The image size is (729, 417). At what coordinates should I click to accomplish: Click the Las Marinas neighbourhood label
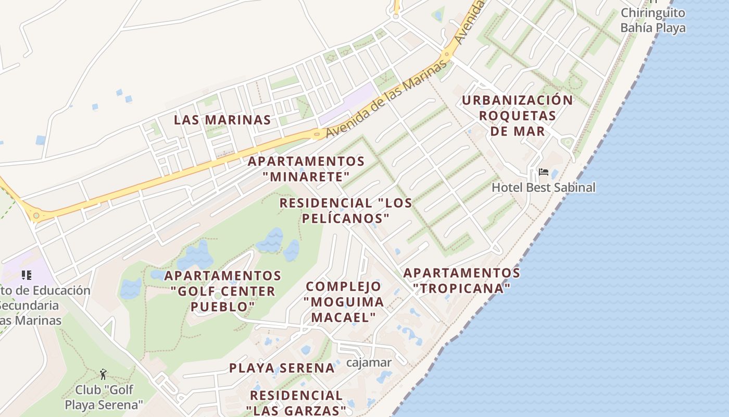click(x=222, y=120)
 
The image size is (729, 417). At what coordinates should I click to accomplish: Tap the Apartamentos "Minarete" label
click(x=306, y=168)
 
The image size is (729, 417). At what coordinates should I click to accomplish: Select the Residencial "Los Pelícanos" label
click(x=345, y=211)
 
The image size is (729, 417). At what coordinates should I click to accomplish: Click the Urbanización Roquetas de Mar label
click(x=517, y=115)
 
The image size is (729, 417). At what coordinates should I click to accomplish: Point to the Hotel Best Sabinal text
click(x=543, y=187)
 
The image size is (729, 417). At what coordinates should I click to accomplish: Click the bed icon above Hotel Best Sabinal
click(x=544, y=171)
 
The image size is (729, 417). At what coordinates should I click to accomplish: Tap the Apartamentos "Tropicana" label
click(x=461, y=280)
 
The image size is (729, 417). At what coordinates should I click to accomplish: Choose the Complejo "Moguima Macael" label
click(x=344, y=301)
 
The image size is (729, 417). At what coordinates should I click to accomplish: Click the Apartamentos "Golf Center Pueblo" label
click(x=223, y=291)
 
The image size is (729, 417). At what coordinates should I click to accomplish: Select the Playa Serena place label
click(x=282, y=368)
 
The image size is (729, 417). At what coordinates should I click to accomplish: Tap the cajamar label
click(x=369, y=362)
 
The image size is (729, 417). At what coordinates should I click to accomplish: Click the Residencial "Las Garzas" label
click(x=296, y=403)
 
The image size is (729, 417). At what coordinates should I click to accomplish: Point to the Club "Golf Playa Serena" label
click(x=104, y=397)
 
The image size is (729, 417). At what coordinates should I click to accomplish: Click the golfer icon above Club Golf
click(x=103, y=374)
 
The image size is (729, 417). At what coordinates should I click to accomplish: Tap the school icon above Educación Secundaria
click(x=26, y=275)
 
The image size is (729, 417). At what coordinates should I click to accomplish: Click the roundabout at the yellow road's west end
click(x=36, y=215)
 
